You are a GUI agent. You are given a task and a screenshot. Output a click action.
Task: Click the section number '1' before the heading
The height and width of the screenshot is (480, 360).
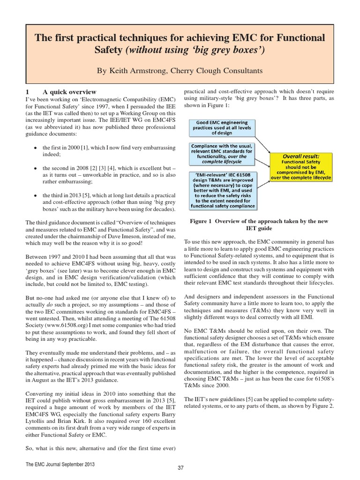coord(28,92)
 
